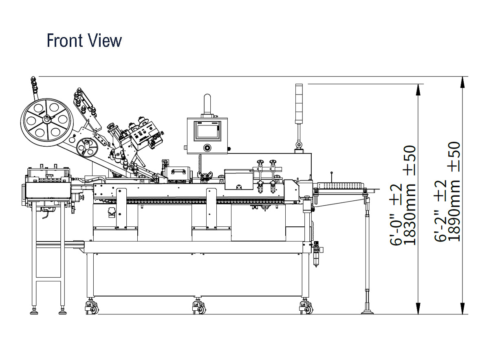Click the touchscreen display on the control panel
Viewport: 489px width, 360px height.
pyautogui.click(x=207, y=130)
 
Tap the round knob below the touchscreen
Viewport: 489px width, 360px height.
pyautogui.click(x=207, y=148)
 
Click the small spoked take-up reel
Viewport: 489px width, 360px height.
pyautogui.click(x=87, y=148)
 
